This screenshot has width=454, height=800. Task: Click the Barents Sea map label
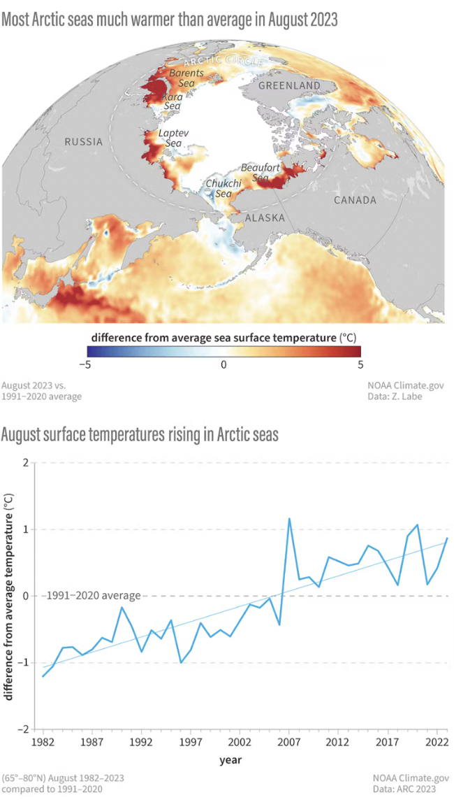point(187,78)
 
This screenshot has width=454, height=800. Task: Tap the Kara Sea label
point(172,101)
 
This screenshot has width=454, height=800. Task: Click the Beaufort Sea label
point(255,173)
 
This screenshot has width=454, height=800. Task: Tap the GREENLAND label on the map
point(289,85)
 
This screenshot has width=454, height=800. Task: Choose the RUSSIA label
point(84,142)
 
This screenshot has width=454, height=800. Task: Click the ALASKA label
point(265,218)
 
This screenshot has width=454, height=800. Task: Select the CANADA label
point(355,200)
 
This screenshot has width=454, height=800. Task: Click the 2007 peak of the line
point(289,519)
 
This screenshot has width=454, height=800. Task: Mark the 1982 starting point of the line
point(43,676)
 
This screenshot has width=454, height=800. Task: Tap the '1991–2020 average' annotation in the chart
point(93,596)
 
